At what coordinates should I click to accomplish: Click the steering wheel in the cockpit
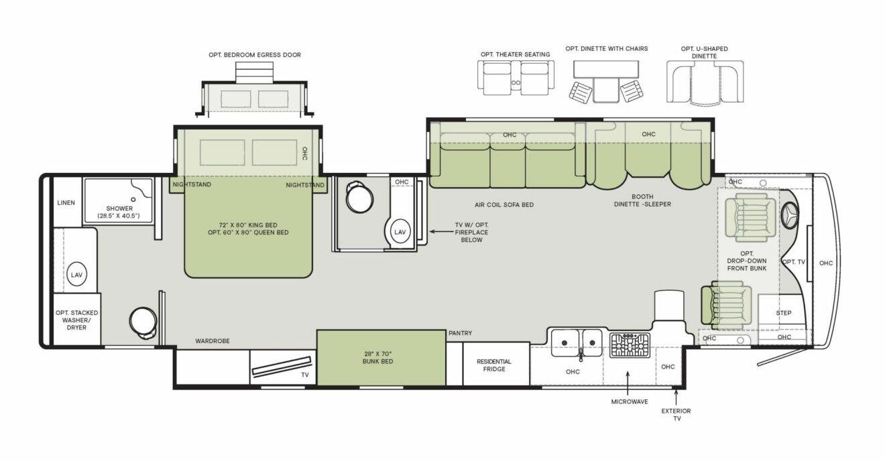[789, 214]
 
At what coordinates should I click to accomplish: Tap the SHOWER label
[119, 208]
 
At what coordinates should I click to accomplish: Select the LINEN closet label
[66, 203]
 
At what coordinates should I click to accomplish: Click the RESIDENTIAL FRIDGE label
[494, 365]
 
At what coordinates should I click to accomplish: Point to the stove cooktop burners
[630, 345]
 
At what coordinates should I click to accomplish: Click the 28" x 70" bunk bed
[381, 358]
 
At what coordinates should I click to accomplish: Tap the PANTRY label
[461, 333]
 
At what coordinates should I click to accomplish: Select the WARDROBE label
[212, 341]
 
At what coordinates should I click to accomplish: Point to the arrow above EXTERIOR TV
[676, 396]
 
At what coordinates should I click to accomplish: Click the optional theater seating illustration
[516, 78]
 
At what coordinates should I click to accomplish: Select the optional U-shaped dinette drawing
[705, 82]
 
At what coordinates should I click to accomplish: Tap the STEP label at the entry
[784, 313]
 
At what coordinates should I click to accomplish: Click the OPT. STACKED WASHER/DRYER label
[76, 320]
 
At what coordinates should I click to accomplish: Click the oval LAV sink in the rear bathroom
[76, 275]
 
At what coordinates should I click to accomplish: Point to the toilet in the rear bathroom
[143, 323]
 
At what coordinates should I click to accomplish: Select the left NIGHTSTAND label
[192, 184]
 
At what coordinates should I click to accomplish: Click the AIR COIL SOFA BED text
[504, 205]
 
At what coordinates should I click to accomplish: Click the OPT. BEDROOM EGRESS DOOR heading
[255, 55]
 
